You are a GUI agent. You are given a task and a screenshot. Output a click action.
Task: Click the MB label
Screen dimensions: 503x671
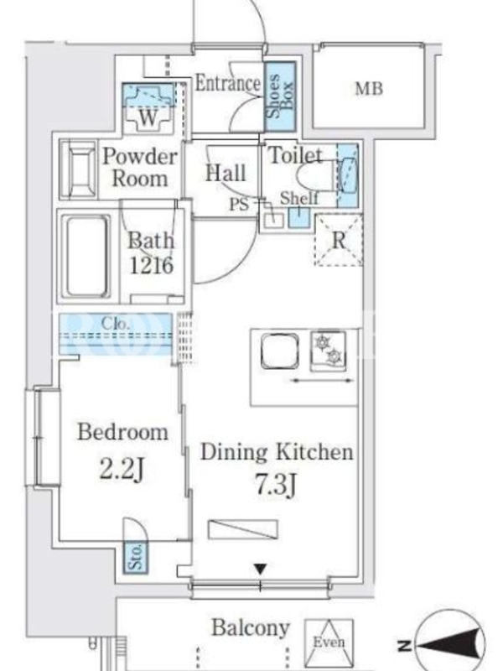(369, 89)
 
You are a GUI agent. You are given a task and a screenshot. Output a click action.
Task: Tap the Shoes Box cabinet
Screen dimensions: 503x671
(280, 96)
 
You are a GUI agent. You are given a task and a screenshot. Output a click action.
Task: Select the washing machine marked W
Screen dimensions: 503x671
(148, 108)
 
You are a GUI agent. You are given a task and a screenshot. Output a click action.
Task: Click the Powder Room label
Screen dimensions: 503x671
(140, 167)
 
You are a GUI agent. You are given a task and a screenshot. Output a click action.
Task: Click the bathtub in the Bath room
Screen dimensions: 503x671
(86, 257)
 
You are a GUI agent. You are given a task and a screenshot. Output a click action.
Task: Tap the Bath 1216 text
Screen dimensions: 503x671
(152, 253)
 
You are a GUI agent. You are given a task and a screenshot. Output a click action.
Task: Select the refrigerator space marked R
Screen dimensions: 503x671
(339, 240)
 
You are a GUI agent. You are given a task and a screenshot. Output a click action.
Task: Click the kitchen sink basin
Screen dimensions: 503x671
(280, 351)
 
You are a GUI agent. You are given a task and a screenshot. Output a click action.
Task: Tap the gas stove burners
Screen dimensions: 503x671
(329, 350)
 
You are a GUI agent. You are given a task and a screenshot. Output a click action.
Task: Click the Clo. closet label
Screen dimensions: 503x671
(116, 324)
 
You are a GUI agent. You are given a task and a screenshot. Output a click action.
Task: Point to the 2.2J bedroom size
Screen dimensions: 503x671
(122, 470)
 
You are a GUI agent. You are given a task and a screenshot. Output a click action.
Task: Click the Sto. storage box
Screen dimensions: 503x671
(136, 557)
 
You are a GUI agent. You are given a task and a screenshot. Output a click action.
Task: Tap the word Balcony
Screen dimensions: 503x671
(251, 628)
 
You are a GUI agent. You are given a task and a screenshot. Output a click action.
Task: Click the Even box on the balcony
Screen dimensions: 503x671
(329, 642)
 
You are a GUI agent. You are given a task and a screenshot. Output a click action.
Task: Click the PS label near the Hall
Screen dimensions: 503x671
(239, 204)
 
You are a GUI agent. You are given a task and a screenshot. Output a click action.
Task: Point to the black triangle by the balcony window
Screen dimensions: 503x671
(261, 569)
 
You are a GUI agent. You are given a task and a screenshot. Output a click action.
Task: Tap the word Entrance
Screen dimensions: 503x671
(228, 83)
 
